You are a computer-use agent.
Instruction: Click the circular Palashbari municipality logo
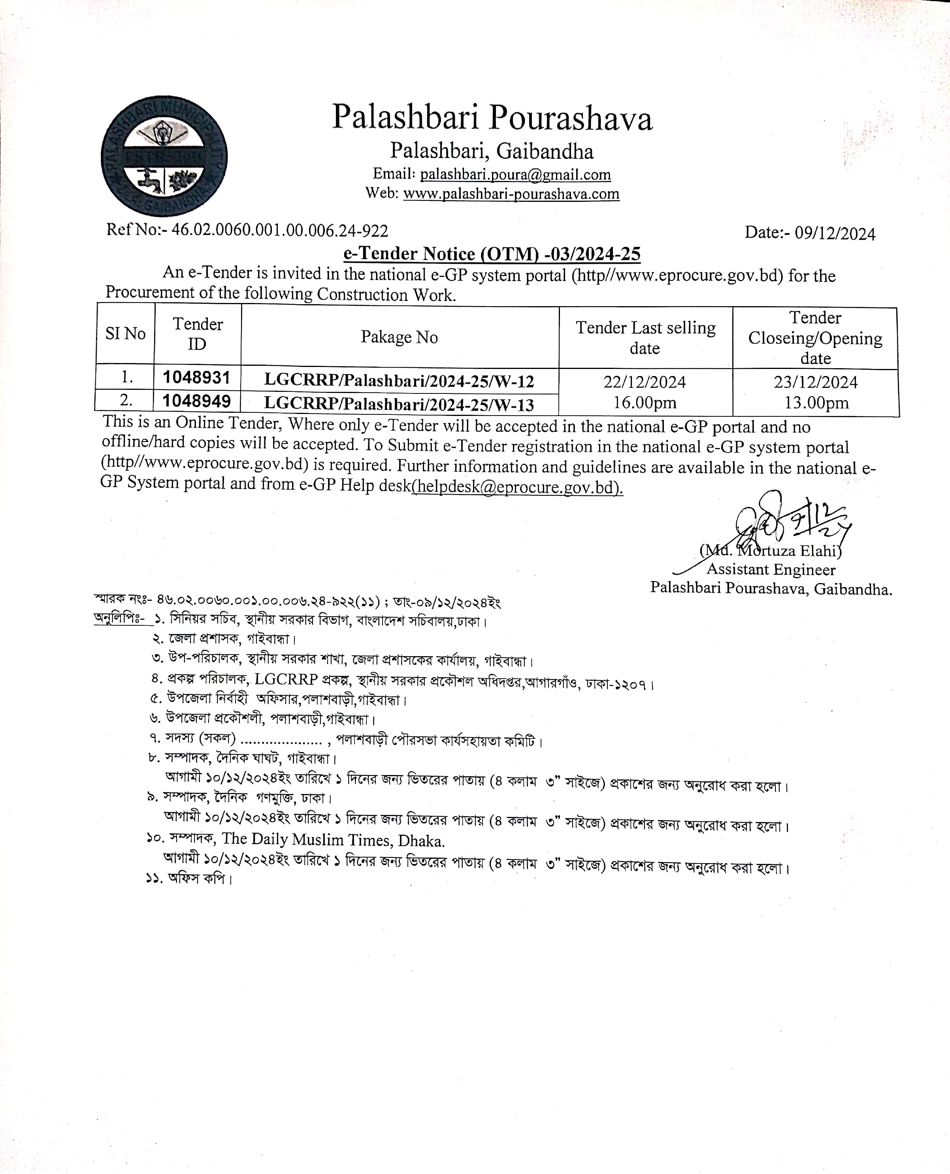[164, 156]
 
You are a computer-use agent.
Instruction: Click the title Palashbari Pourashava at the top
[492, 118]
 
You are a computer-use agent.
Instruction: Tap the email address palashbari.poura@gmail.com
[515, 175]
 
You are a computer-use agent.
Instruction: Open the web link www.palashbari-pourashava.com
[511, 194]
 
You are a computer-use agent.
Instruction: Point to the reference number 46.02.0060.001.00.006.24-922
[280, 230]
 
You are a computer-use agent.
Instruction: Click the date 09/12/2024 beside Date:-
[835, 233]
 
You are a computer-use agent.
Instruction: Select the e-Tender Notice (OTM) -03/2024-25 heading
[492, 254]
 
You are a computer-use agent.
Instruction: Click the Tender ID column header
[198, 334]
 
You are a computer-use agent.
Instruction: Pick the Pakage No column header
[399, 337]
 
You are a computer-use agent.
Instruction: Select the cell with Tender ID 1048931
[196, 378]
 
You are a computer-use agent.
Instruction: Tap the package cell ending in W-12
[399, 380]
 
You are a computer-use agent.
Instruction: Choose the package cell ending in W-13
[399, 404]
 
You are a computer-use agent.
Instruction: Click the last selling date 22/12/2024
[645, 382]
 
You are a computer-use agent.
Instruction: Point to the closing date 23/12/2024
[815, 382]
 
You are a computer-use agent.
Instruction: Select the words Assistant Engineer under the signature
[771, 570]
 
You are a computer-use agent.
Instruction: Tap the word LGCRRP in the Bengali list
[286, 679]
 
